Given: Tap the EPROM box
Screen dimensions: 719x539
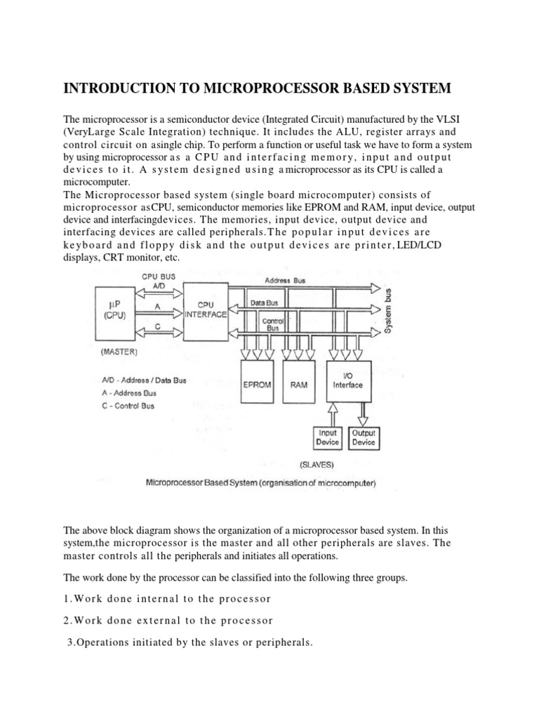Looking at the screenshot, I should [257, 385].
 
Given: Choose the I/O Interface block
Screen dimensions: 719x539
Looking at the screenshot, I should [348, 381].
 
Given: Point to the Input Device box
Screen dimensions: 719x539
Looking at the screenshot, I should [327, 438].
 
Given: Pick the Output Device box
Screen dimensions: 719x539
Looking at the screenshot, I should [364, 438].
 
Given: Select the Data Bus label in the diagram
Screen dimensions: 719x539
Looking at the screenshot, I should [265, 303].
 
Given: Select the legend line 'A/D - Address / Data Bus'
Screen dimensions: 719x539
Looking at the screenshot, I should [144, 380].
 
